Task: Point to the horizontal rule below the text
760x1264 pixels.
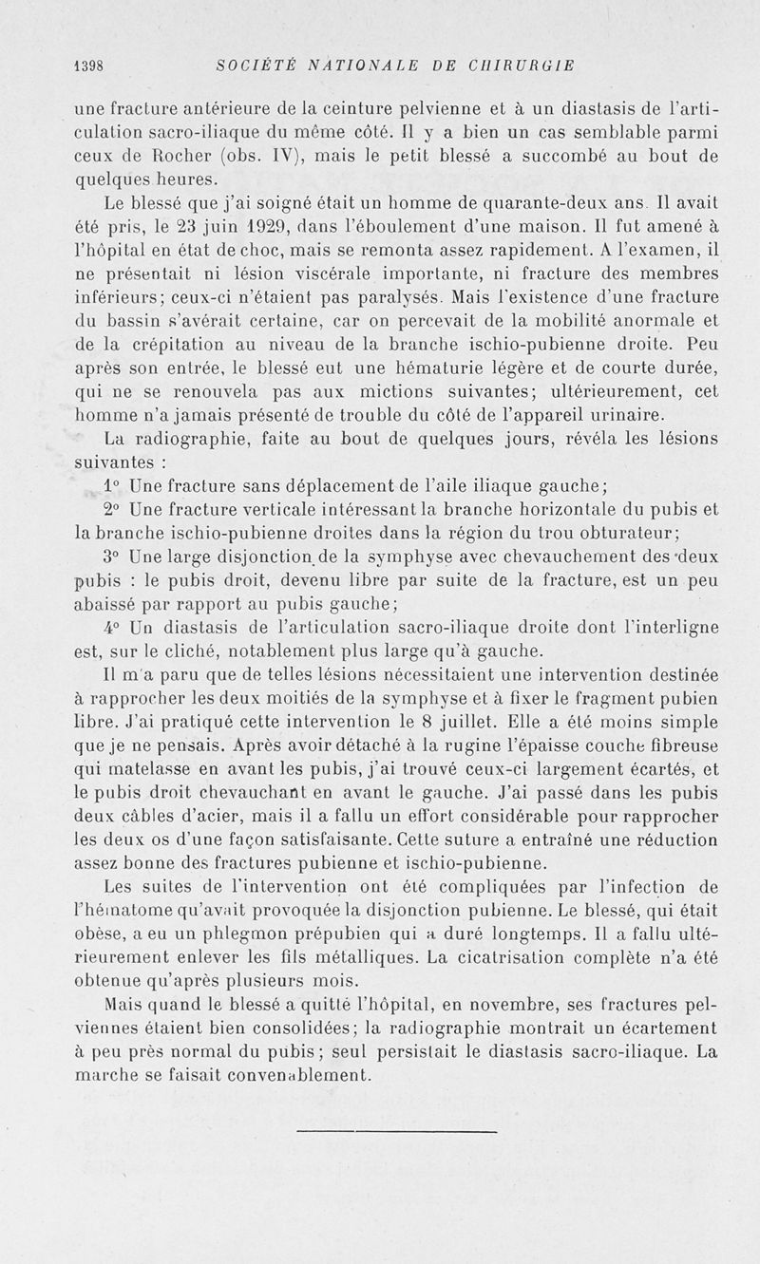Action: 397,1131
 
